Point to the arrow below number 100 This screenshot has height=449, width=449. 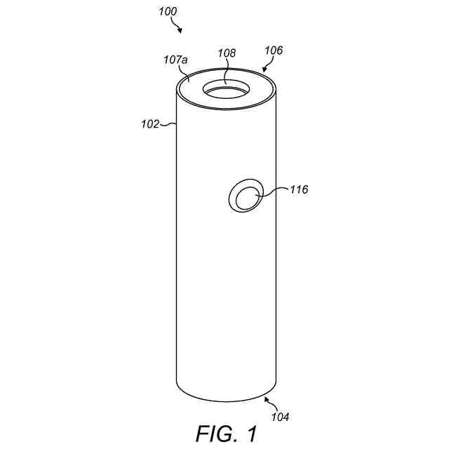[x=178, y=27]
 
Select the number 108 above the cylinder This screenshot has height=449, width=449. [x=227, y=53]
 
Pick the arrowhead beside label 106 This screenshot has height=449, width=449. [x=264, y=69]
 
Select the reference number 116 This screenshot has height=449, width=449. [x=298, y=189]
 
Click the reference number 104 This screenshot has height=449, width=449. [x=279, y=417]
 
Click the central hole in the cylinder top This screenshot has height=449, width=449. [x=226, y=92]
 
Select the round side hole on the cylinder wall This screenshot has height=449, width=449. [x=247, y=195]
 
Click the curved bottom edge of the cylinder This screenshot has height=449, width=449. [x=225, y=400]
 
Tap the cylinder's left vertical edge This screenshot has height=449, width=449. [x=175, y=246]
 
